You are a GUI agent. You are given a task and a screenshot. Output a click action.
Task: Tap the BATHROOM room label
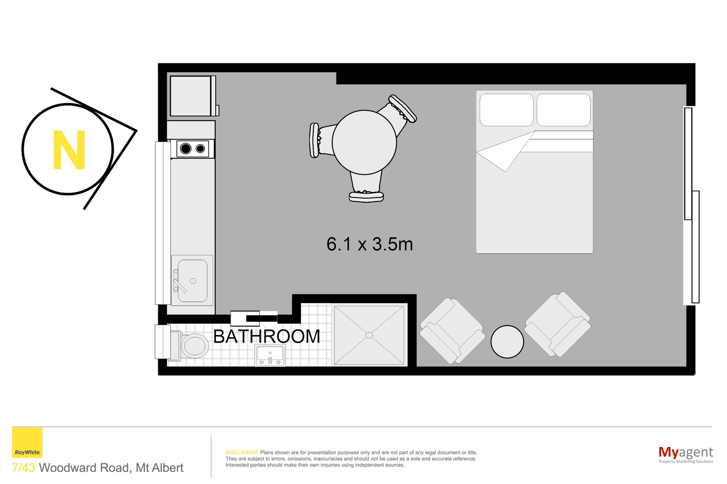(267, 337)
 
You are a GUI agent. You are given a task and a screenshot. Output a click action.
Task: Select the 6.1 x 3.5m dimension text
(370, 244)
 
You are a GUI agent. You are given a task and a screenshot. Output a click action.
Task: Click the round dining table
(364, 142)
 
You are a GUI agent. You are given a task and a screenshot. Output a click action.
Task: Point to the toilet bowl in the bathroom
(195, 345)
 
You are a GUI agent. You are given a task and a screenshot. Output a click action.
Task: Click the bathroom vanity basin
(270, 355)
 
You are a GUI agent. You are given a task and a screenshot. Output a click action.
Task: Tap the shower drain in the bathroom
(369, 335)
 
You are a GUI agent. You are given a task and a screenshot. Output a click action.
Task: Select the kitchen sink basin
(192, 280)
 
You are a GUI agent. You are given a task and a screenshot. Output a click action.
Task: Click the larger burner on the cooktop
(186, 149)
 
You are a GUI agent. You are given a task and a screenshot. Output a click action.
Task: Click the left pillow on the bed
(506, 110)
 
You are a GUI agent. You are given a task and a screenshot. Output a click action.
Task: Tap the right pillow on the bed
(563, 110)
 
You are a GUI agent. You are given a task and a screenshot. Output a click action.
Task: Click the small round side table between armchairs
(507, 342)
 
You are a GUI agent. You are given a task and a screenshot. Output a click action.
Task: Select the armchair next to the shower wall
(452, 331)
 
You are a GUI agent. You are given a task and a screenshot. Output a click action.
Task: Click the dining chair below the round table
(366, 187)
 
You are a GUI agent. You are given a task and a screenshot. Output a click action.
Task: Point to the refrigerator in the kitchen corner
(193, 96)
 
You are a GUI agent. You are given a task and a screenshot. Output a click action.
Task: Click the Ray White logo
(27, 443)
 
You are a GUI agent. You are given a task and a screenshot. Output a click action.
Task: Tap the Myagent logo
(686, 454)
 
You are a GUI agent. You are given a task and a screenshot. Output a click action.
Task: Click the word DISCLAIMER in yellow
(242, 453)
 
